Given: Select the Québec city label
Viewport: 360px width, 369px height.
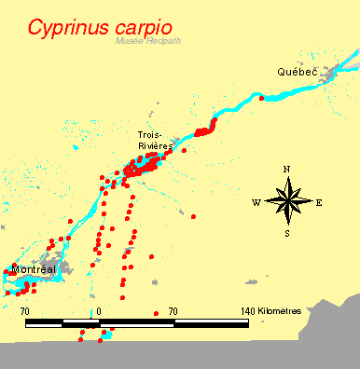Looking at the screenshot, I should [x=298, y=72].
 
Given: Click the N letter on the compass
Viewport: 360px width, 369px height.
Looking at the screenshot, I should [x=287, y=169].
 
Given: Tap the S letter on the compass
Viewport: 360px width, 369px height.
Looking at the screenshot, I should [x=287, y=234].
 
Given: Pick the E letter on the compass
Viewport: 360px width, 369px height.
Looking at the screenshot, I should [x=319, y=202].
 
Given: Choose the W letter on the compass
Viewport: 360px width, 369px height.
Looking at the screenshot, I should [x=256, y=202].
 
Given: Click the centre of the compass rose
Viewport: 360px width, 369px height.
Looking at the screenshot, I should [x=287, y=201].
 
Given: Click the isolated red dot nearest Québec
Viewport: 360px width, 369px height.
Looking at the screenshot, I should [x=262, y=98].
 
